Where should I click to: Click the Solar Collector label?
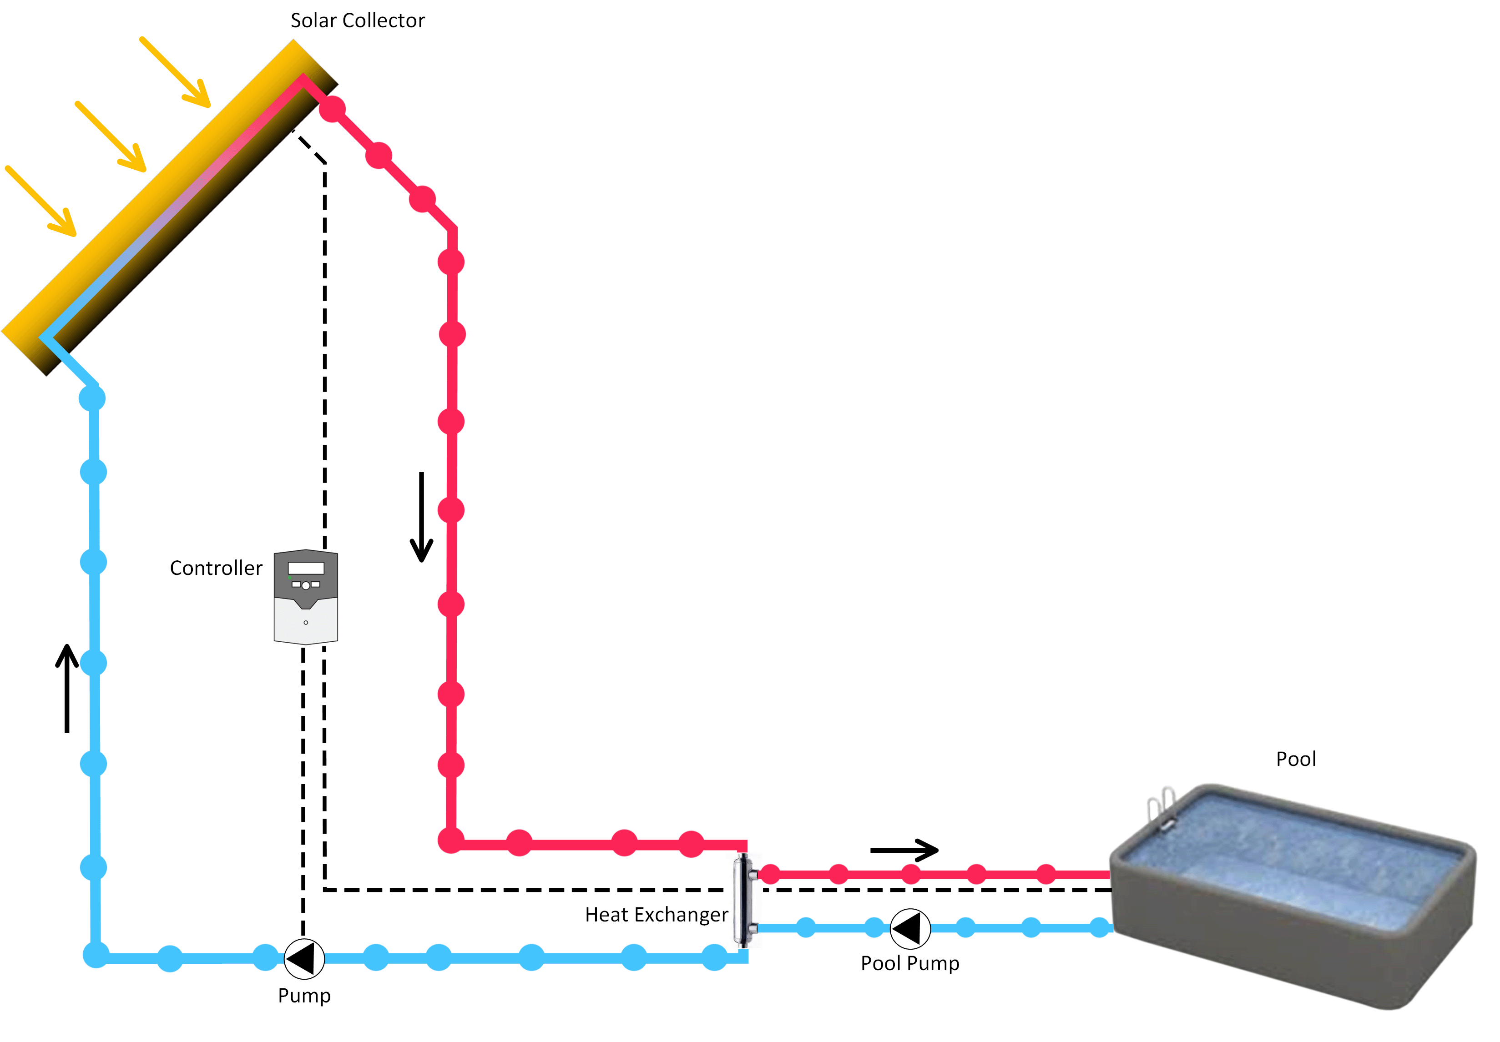(357, 21)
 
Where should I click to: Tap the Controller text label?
(216, 568)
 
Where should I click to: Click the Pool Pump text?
(909, 964)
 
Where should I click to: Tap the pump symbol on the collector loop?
(304, 958)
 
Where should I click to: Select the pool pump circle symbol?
(909, 928)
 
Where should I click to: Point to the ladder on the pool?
(1161, 810)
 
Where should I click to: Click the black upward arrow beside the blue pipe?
(66, 688)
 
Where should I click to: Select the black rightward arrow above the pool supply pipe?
(904, 850)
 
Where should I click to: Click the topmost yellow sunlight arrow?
(175, 72)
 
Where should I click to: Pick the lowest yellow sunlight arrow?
(41, 201)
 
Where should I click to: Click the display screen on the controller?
(306, 568)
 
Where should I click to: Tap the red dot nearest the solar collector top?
(333, 109)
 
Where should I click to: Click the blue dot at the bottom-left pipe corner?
(96, 955)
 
